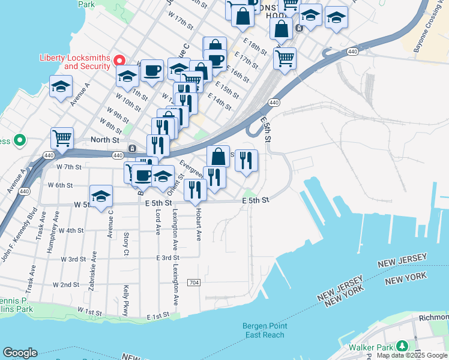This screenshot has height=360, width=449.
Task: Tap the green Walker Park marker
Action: (x=400, y=347)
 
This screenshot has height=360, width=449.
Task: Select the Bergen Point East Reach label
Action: (x=264, y=330)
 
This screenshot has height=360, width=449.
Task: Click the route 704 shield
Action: (x=194, y=282)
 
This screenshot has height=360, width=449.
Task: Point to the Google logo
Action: (x=20, y=353)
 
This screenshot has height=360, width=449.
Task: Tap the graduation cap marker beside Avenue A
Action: (x=61, y=88)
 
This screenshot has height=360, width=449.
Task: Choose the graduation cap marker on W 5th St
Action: (x=101, y=196)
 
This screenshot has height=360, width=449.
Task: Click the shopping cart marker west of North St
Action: (x=62, y=139)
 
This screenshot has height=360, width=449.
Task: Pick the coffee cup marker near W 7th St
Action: (x=143, y=175)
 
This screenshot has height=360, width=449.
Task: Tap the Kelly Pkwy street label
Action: (x=126, y=300)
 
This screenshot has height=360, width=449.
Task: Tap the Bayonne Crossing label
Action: (x=432, y=30)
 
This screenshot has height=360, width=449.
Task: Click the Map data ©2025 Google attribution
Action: (x=412, y=355)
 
